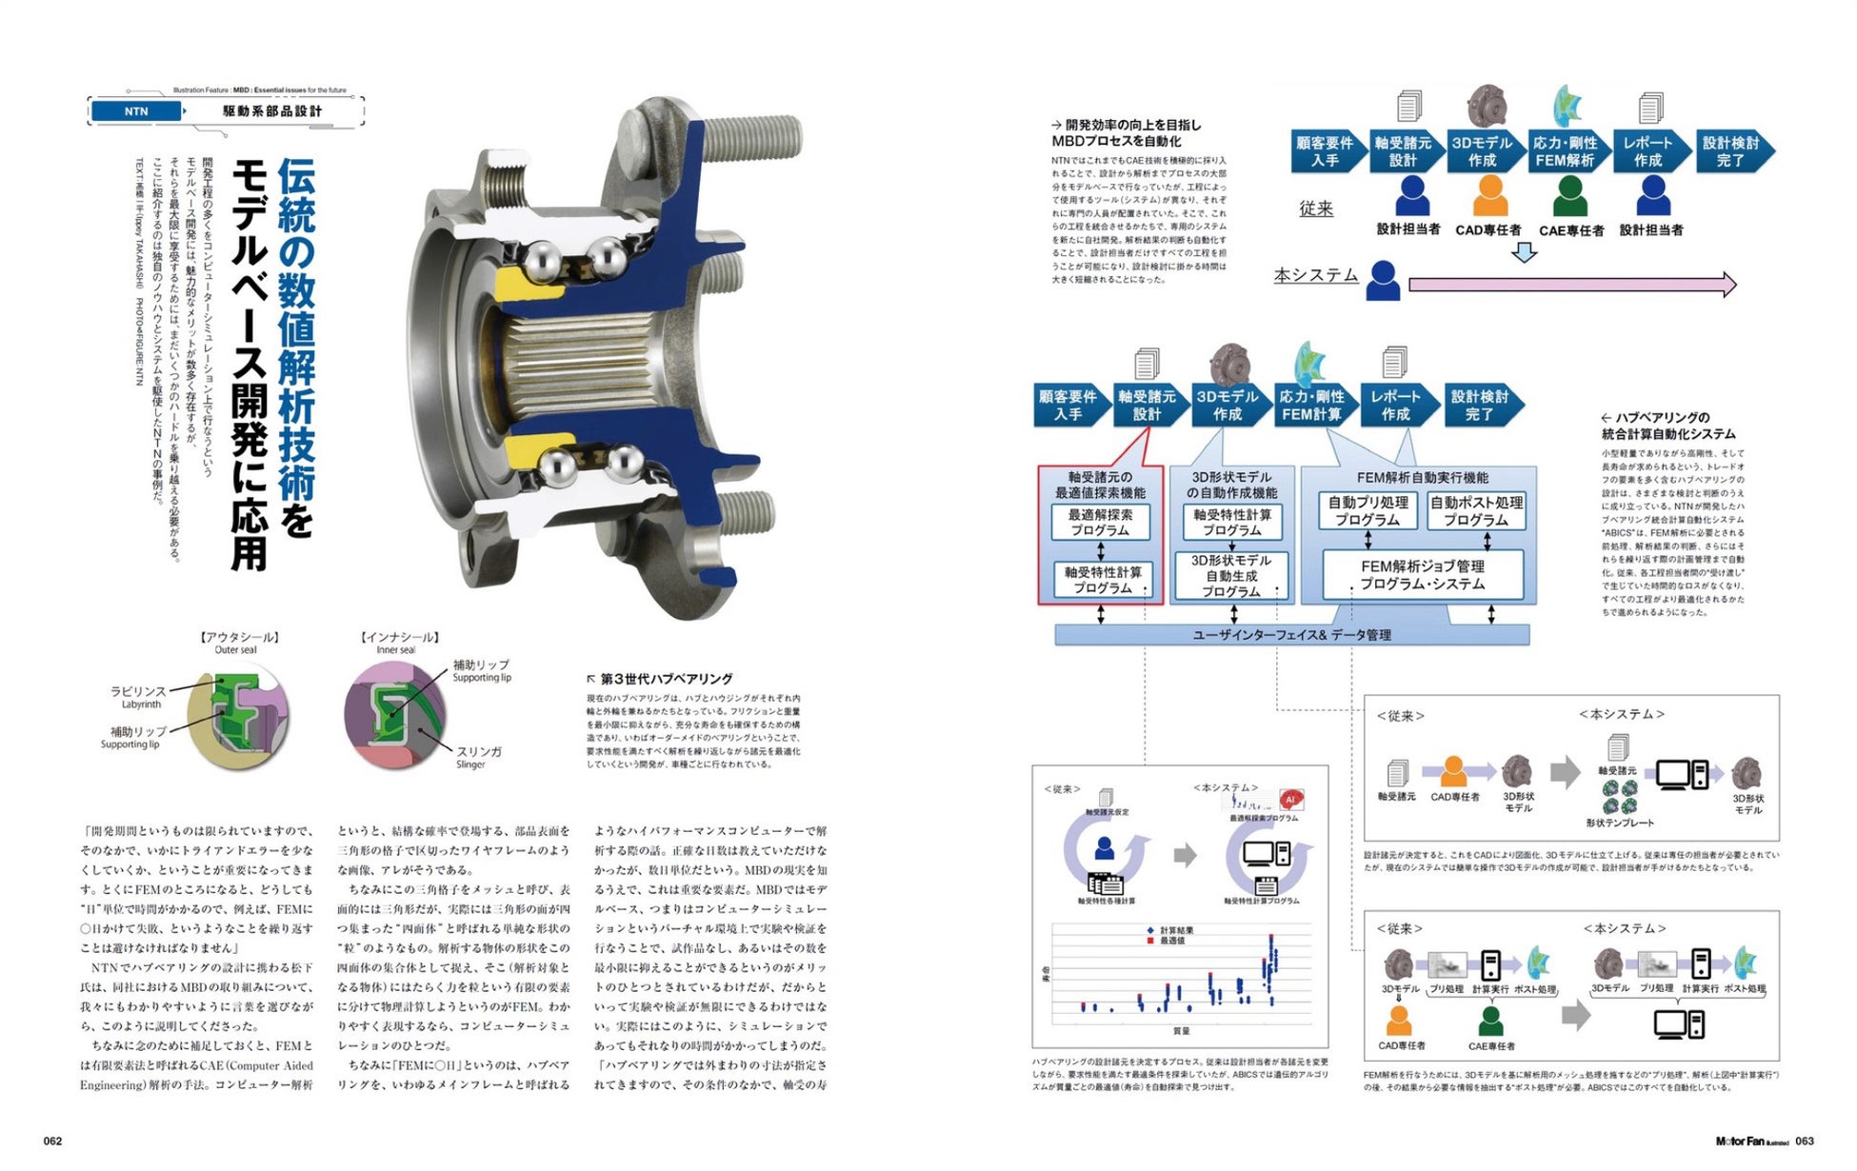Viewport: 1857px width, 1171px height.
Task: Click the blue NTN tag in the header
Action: point(136,111)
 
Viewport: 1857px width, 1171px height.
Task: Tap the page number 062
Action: point(52,1141)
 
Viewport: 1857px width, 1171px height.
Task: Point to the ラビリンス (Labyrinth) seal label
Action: point(138,691)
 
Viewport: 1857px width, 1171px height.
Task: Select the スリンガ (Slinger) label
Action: point(478,752)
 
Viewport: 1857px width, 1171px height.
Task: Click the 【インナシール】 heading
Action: point(399,637)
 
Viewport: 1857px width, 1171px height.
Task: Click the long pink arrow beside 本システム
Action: point(1571,284)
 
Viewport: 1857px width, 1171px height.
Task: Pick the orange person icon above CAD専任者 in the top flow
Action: point(1489,195)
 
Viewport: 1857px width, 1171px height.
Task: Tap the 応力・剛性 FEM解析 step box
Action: point(1566,151)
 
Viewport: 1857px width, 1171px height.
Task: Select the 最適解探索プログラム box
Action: point(1101,522)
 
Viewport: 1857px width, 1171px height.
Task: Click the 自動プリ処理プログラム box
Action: point(1368,511)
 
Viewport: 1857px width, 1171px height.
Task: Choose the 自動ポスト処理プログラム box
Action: point(1476,511)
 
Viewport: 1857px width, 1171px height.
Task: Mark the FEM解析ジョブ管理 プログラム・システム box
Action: point(1423,574)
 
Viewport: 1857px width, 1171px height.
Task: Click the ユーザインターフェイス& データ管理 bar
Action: point(1291,635)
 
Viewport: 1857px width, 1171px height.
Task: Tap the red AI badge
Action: point(1290,799)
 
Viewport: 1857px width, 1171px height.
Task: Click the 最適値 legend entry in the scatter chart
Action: point(1170,941)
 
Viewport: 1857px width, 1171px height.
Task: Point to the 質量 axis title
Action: point(1181,1031)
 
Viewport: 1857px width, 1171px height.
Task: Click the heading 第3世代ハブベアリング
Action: point(666,679)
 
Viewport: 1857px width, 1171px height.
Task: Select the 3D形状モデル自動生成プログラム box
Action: point(1231,576)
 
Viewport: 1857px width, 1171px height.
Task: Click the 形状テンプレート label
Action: point(1620,823)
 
